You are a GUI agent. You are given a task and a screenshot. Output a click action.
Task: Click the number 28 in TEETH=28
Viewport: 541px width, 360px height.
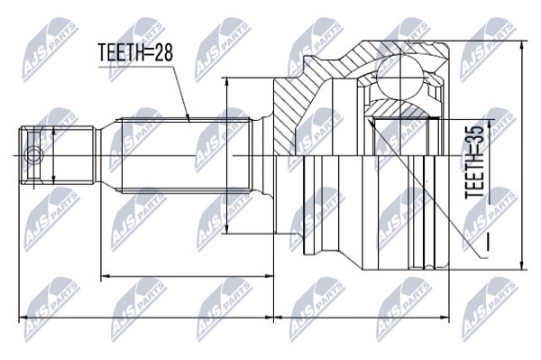162,53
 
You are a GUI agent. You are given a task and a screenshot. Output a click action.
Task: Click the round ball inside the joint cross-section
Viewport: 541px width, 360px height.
399,77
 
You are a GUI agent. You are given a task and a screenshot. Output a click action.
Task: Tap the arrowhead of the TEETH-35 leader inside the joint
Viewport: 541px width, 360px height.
371,122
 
